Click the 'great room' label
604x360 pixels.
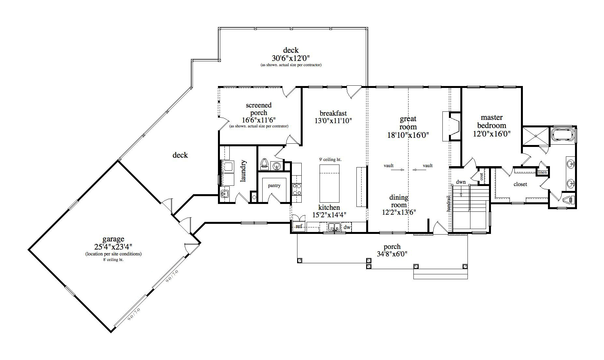tap(408, 123)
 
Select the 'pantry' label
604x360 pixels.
tap(274, 185)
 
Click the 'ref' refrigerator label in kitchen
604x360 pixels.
tap(299, 226)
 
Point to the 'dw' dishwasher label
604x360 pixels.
tap(347, 227)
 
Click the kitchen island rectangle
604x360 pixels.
tap(329, 183)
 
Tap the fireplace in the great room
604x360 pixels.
tap(452, 126)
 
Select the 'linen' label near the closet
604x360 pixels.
tap(542, 172)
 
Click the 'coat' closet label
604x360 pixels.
tap(482, 176)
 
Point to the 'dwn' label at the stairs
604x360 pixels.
tap(461, 182)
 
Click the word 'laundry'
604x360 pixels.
tap(243, 171)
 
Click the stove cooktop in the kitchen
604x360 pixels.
tap(296, 189)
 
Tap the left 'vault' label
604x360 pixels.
tap(389, 166)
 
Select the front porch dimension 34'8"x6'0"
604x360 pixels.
tap(392, 254)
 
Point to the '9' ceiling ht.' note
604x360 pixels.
tap(330, 159)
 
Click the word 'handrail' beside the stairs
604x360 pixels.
tap(449, 203)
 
